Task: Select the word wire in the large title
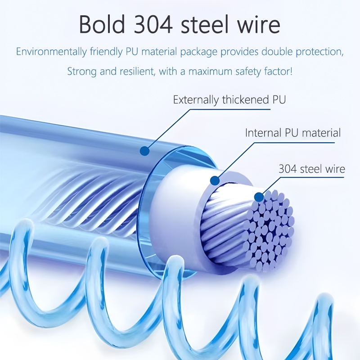[x=260, y=25]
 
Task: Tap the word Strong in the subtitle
[x=82, y=71]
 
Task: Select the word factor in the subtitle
[x=279, y=71]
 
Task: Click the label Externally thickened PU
[x=229, y=99]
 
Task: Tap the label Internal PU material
[x=293, y=133]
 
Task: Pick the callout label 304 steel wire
[x=312, y=169]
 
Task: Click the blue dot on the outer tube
[x=144, y=151]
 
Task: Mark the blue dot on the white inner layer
[x=215, y=181]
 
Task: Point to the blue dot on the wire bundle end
[x=258, y=197]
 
